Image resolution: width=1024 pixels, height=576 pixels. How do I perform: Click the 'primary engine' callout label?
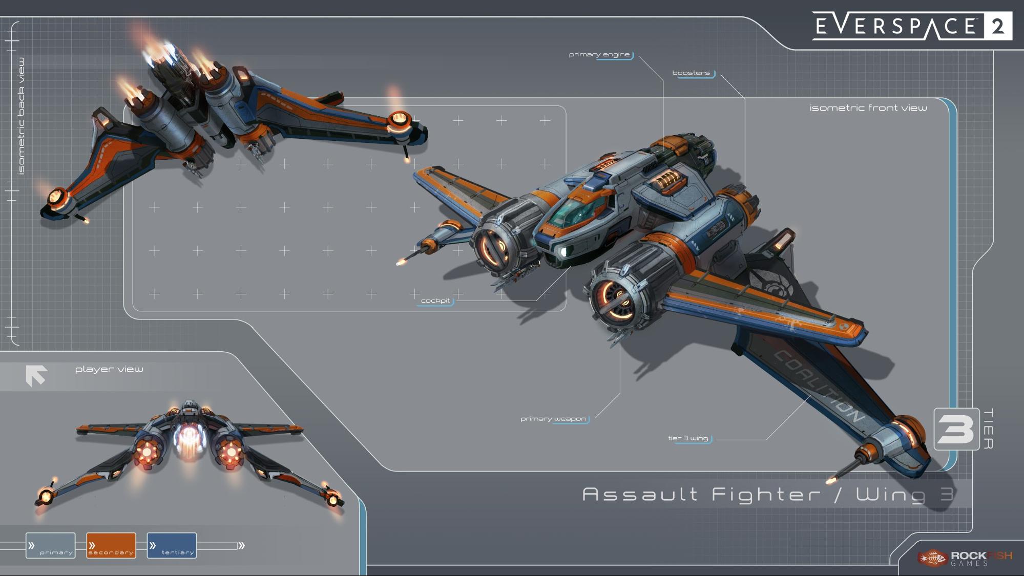pyautogui.click(x=599, y=55)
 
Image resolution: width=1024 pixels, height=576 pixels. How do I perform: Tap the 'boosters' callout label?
pyautogui.click(x=691, y=73)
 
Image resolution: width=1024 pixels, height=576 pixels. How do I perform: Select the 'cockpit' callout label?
pyautogui.click(x=435, y=301)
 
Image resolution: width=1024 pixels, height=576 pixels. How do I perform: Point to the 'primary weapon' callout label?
pyautogui.click(x=553, y=419)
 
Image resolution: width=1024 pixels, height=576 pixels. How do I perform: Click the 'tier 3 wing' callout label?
pyautogui.click(x=688, y=438)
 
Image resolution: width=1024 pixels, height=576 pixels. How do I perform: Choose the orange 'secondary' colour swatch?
pyautogui.click(x=111, y=545)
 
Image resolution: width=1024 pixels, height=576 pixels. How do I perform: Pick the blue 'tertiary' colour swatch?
pyautogui.click(x=172, y=545)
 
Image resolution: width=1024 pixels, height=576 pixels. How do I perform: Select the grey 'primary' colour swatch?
pyautogui.click(x=50, y=545)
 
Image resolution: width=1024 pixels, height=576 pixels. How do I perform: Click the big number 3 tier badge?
pyautogui.click(x=956, y=429)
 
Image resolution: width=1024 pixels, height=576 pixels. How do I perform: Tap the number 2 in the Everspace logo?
pyautogui.click(x=997, y=26)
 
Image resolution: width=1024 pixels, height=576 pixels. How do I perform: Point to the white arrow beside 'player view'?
pyautogui.click(x=36, y=375)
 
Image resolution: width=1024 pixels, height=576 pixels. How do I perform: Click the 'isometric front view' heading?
pyautogui.click(x=868, y=108)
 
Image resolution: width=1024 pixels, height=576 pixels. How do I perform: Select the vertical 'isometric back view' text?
pyautogui.click(x=21, y=116)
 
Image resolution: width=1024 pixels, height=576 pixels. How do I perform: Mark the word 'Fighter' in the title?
pyautogui.click(x=766, y=495)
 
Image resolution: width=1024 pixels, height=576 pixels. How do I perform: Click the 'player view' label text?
pyautogui.click(x=109, y=369)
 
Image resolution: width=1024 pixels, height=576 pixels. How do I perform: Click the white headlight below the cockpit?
pyautogui.click(x=563, y=251)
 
